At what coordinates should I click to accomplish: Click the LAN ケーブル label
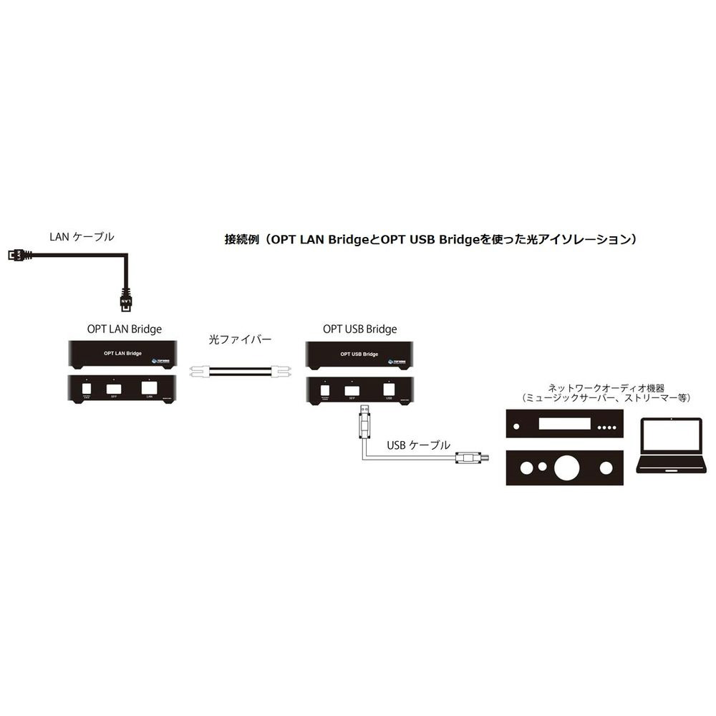81,236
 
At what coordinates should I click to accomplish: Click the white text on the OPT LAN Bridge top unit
123,354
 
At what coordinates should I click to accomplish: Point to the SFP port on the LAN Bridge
114,389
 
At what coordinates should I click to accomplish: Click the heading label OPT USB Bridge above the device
360,329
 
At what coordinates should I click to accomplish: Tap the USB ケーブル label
418,445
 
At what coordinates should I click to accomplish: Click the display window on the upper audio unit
564,423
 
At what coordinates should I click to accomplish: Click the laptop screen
671,436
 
